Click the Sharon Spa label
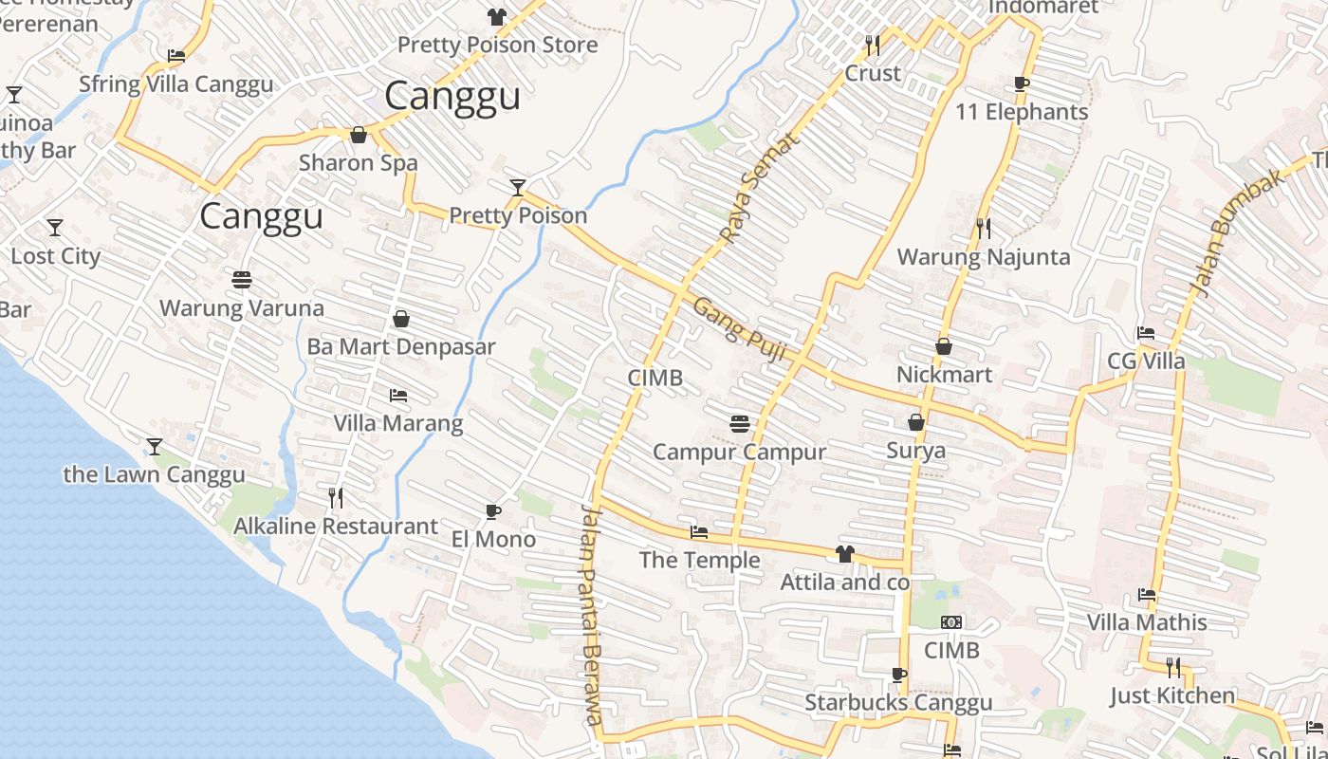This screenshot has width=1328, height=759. (x=358, y=162)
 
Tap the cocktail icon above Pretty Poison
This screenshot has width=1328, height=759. (x=517, y=187)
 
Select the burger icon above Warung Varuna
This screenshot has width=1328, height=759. (x=242, y=280)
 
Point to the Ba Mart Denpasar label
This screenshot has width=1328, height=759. (x=400, y=346)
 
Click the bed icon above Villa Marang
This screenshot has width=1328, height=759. (x=398, y=395)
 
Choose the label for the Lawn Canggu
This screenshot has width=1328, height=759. (x=154, y=474)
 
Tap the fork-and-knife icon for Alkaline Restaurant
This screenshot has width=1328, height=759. (x=335, y=497)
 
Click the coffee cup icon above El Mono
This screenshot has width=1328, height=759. (x=492, y=511)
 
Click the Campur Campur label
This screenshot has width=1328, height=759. (x=739, y=452)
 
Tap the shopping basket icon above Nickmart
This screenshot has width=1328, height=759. (x=944, y=346)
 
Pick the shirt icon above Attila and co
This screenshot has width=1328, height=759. (x=844, y=554)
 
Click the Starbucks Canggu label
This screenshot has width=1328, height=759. (x=898, y=702)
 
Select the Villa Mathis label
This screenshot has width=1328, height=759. (x=1147, y=622)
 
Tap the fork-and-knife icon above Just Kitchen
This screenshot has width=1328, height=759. (x=1173, y=668)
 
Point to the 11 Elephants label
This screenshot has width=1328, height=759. (x=1021, y=112)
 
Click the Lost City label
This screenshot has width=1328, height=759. (x=55, y=256)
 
